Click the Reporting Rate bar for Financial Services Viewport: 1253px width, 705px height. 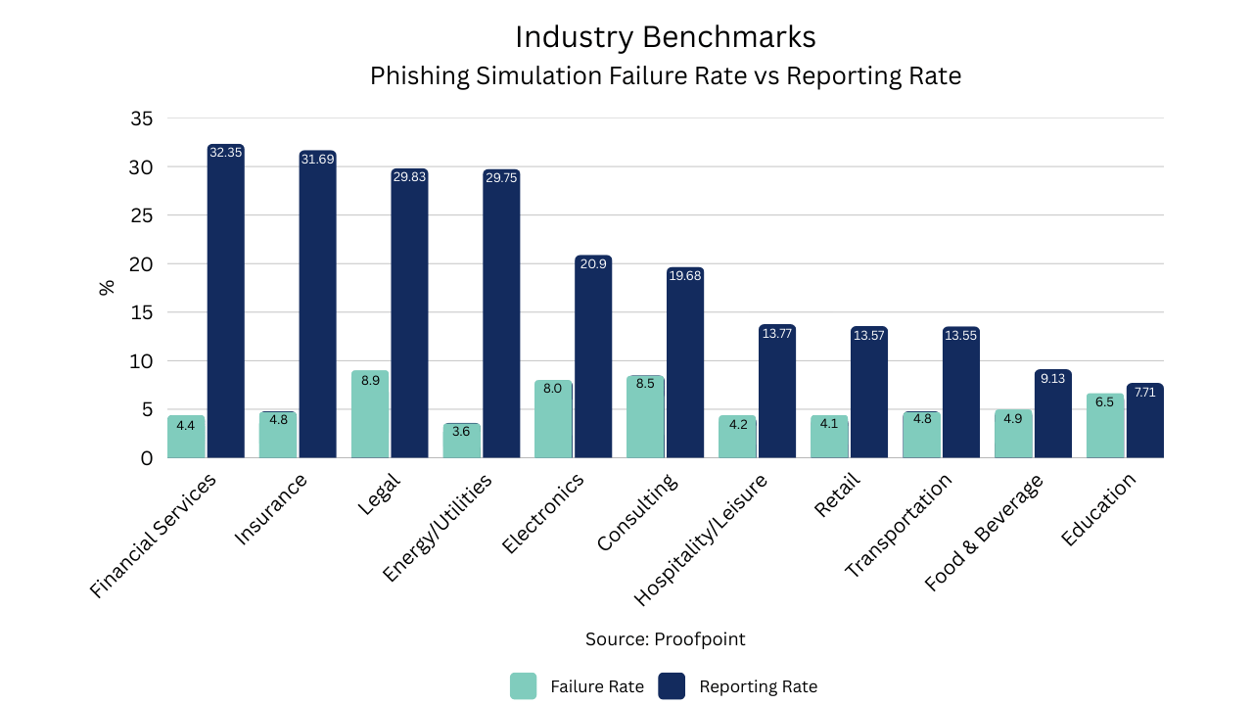[x=225, y=304]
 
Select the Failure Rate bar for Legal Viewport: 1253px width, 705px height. [x=370, y=416]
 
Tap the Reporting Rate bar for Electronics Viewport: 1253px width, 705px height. [x=593, y=362]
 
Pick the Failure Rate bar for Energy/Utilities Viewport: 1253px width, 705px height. [x=462, y=443]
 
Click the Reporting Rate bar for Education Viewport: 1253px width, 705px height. [x=1144, y=423]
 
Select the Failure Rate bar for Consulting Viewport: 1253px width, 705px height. [x=645, y=418]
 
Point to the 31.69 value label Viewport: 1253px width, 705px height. [x=317, y=159]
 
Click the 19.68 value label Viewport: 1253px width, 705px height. [x=685, y=275]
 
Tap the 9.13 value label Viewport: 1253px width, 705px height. [x=1052, y=378]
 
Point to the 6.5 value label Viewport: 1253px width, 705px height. [x=1105, y=401]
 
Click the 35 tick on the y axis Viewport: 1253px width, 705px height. [x=141, y=118]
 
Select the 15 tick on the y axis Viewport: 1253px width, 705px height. [x=141, y=312]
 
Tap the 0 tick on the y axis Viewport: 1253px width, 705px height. [x=147, y=457]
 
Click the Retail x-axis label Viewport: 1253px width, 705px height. [x=835, y=495]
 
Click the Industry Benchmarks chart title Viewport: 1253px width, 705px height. [x=666, y=37]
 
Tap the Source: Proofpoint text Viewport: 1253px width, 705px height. [x=666, y=639]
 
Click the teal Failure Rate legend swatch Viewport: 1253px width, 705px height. [x=524, y=686]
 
